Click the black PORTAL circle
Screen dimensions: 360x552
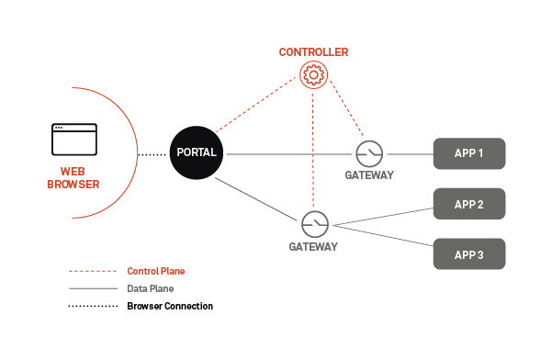pyautogui.click(x=197, y=152)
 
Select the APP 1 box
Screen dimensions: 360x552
pyautogui.click(x=469, y=152)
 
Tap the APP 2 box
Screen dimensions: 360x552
pyautogui.click(x=469, y=205)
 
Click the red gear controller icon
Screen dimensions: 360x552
pyautogui.click(x=313, y=74)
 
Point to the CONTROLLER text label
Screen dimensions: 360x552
pyautogui.click(x=313, y=52)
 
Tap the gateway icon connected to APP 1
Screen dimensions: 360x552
pyautogui.click(x=369, y=153)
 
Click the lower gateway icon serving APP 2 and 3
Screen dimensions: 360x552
pyautogui.click(x=313, y=223)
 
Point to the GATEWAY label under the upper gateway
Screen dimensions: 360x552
pyautogui.click(x=369, y=175)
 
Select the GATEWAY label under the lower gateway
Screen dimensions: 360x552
pyautogui.click(x=313, y=246)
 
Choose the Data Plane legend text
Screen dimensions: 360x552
pyautogui.click(x=152, y=288)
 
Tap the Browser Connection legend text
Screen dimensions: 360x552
pyautogui.click(x=170, y=306)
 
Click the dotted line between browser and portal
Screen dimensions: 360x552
pyautogui.click(x=152, y=154)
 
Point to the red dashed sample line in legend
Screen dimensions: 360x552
pyautogui.click(x=91, y=272)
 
